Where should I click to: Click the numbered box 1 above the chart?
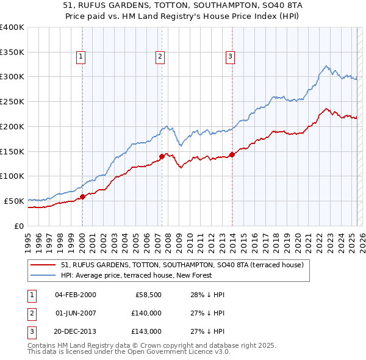coord(81,57)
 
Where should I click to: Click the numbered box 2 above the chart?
coord(160,57)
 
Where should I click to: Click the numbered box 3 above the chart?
coord(231,57)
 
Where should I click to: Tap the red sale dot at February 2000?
coord(82,196)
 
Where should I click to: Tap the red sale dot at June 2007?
coord(162,156)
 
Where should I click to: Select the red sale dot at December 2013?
coord(232,154)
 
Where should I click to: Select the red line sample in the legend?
coord(43,265)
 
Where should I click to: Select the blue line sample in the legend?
coord(43,275)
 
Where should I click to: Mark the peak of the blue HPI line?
coord(327,65)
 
